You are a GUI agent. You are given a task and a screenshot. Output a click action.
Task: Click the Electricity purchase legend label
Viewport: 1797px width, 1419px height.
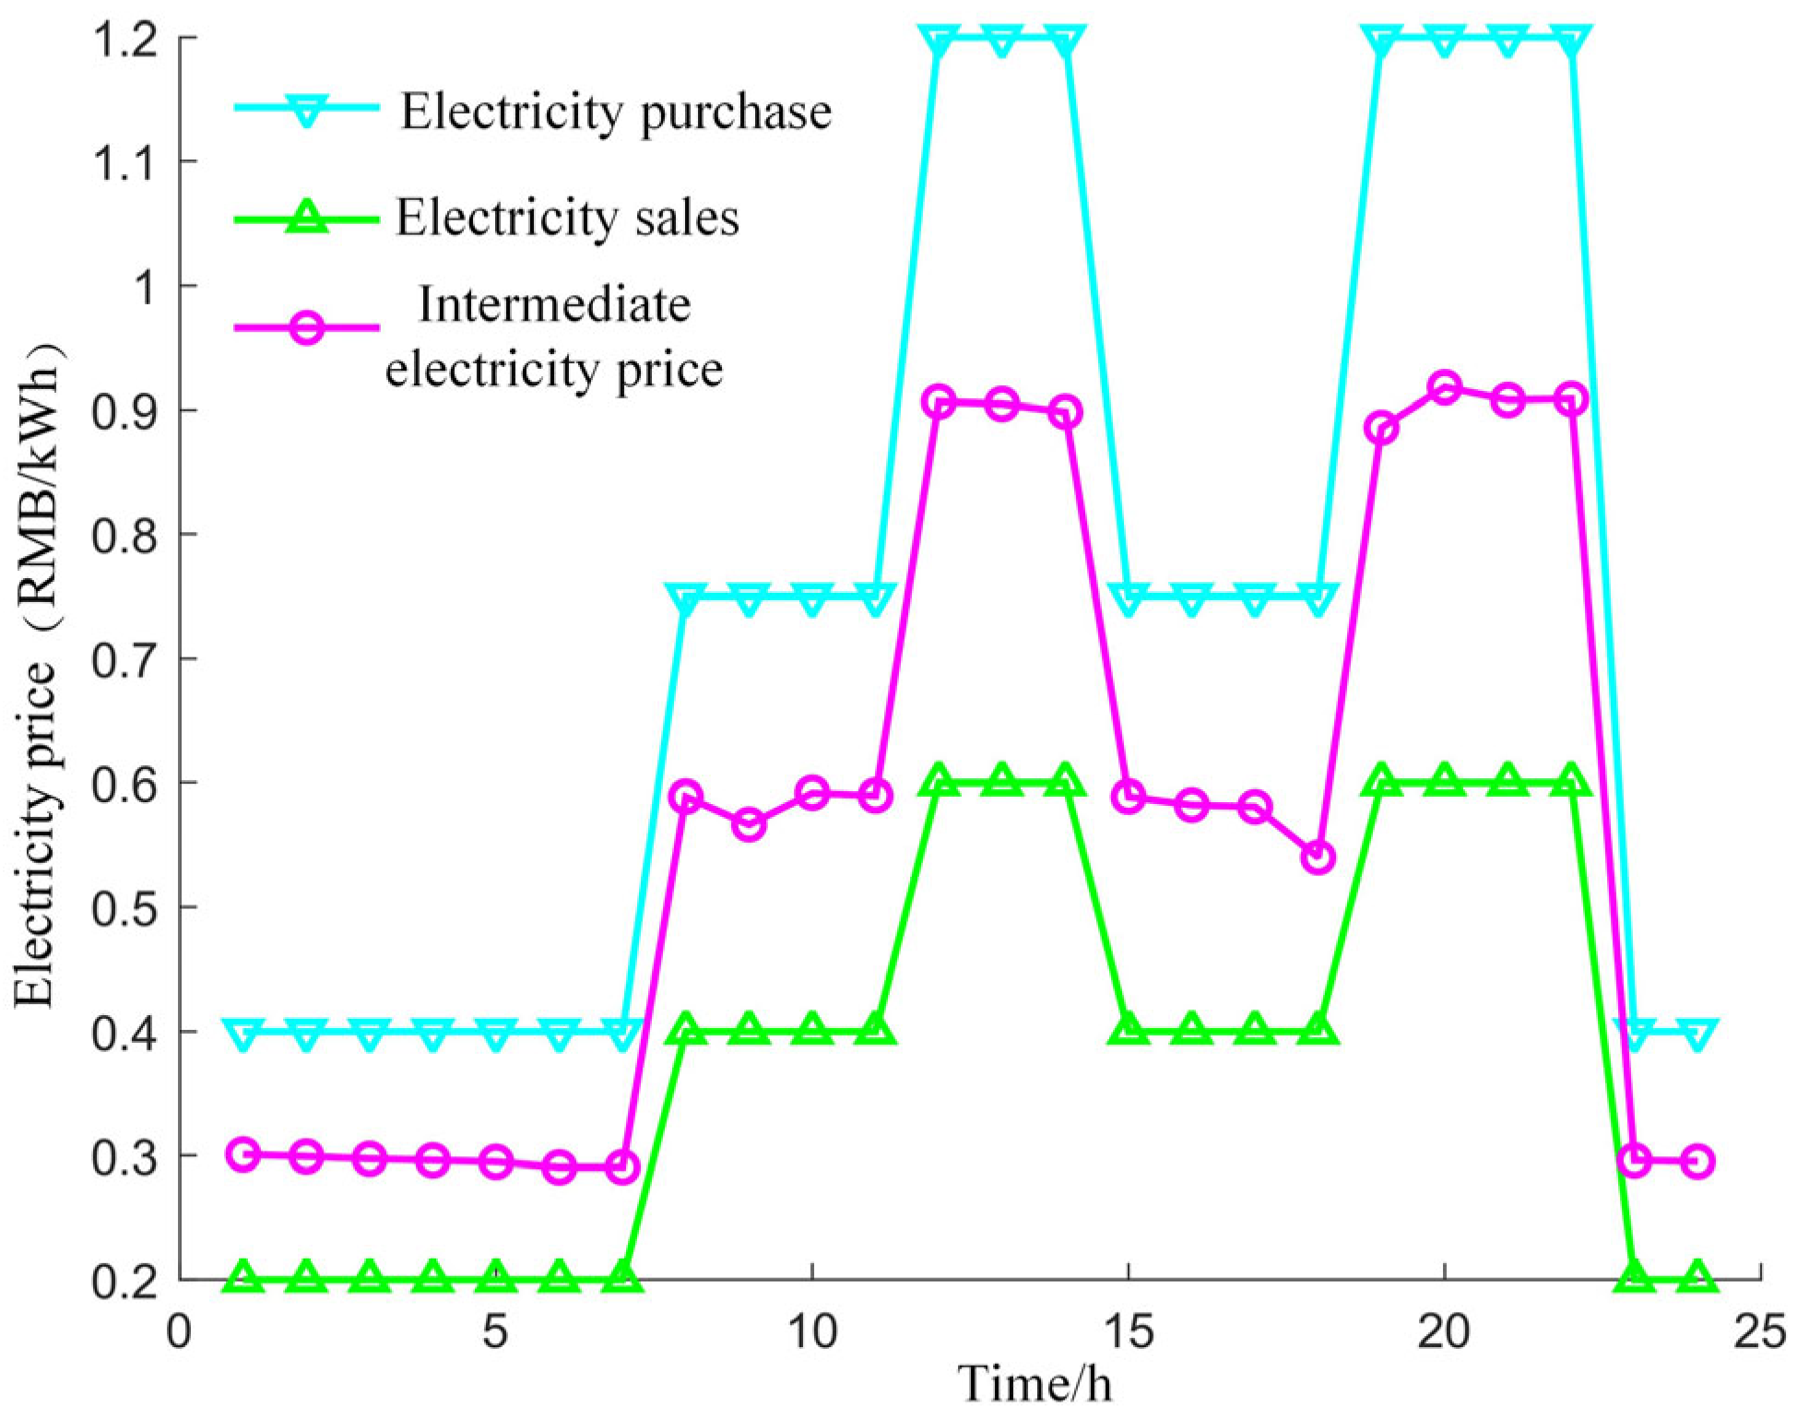[615, 112]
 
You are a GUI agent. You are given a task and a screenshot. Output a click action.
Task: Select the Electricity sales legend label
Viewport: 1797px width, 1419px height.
[567, 219]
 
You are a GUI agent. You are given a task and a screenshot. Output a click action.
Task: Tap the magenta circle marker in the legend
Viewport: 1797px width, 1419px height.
[307, 327]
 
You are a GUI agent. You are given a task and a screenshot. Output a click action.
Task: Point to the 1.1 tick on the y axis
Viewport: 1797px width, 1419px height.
[129, 162]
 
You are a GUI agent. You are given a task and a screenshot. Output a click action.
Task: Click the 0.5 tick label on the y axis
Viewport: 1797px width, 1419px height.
[129, 908]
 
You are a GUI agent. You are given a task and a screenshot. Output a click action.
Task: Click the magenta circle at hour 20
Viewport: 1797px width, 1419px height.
[1445, 387]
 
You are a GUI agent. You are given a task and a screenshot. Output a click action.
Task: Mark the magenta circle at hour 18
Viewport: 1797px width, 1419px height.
[1318, 857]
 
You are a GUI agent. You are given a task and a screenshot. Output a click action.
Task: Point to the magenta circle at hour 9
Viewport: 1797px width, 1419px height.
[750, 823]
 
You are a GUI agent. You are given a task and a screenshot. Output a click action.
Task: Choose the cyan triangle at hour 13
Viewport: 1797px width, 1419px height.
[1002, 41]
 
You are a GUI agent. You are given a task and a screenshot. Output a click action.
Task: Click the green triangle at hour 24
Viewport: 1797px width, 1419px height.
[1698, 1277]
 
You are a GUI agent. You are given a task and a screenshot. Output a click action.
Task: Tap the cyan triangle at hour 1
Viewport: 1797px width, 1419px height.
[243, 1035]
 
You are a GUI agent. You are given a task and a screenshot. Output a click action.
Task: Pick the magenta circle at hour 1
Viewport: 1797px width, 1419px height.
[243, 1153]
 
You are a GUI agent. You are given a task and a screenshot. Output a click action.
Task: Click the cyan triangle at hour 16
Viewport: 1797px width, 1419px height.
[1192, 600]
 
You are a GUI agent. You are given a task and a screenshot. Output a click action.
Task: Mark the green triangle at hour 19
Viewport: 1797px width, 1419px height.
[1381, 780]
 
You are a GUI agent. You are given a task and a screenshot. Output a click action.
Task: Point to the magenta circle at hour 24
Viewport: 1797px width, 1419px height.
[1698, 1161]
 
